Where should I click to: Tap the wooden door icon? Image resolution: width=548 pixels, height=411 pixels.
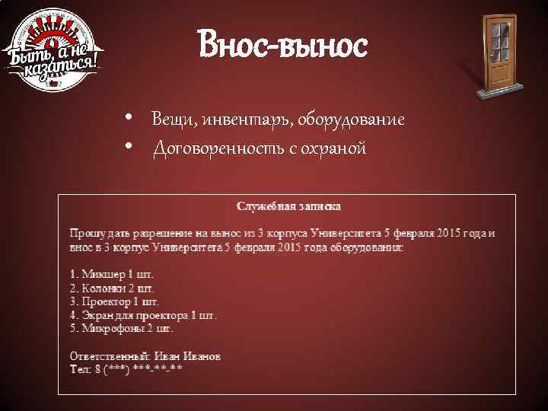click(x=498, y=56)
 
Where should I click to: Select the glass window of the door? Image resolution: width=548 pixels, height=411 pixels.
click(x=499, y=42)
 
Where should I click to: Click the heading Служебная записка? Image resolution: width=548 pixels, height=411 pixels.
click(x=288, y=206)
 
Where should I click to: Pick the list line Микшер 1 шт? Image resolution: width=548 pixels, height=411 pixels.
click(x=112, y=275)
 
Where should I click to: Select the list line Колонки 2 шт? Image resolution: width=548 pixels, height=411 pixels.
click(x=112, y=288)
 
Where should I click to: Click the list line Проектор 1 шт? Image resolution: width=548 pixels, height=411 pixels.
click(x=115, y=302)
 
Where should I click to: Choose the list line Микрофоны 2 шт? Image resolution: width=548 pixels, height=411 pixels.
click(x=122, y=330)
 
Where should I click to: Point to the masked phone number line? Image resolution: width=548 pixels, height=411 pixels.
click(x=126, y=370)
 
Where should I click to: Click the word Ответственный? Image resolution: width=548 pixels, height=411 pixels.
click(x=110, y=356)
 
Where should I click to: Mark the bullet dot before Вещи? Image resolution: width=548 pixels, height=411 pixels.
click(x=131, y=119)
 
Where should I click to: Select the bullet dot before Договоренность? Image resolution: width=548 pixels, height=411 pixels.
click(x=131, y=146)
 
